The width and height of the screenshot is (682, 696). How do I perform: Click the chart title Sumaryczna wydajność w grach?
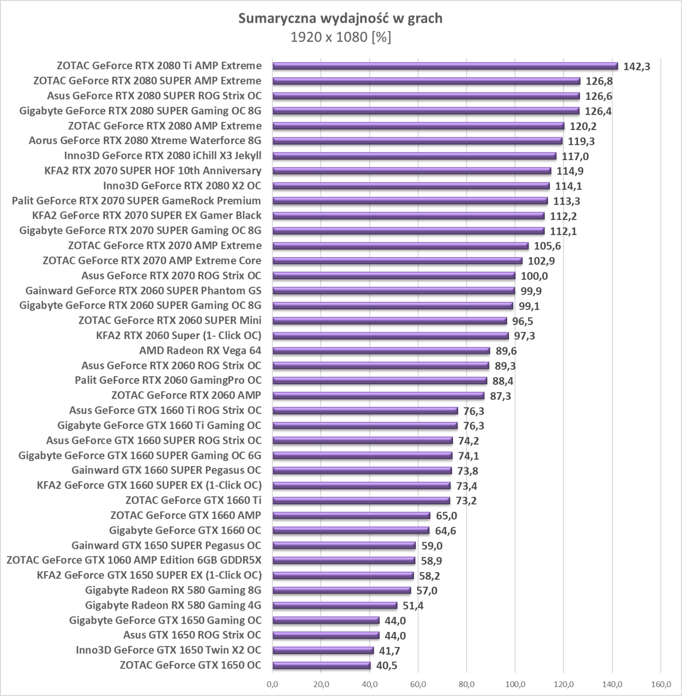tap(340, 18)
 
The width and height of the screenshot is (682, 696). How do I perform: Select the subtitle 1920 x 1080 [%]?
tap(340, 37)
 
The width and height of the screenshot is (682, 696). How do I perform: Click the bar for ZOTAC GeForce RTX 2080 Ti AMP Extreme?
tap(445, 66)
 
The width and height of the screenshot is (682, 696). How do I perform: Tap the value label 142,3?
tap(636, 67)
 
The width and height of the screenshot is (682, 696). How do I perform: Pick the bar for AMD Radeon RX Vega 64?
tap(381, 350)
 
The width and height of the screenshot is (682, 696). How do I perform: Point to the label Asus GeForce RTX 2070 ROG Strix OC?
tap(171, 275)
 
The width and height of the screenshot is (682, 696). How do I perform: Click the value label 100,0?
tap(534, 276)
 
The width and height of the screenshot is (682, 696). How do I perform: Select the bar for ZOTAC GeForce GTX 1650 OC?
tap(321, 665)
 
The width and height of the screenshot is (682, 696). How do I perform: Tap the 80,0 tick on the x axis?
tap(466, 685)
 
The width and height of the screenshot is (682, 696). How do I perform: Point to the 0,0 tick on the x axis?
tap(272, 685)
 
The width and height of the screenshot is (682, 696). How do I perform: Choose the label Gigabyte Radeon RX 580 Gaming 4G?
tap(173, 605)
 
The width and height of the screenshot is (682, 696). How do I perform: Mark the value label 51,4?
tap(413, 606)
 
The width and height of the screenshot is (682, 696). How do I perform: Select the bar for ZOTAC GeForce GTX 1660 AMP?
tap(351, 516)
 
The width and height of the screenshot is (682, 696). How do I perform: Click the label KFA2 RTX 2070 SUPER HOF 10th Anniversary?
tap(152, 171)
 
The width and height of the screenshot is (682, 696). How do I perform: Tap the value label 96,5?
tap(523, 321)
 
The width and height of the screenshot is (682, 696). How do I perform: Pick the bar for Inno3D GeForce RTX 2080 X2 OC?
tap(411, 186)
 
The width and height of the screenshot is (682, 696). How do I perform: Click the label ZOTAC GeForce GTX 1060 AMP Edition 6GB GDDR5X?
tap(134, 560)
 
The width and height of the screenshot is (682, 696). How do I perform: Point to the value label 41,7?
tap(389, 650)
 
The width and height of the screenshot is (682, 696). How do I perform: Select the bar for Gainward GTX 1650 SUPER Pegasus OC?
tap(344, 545)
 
